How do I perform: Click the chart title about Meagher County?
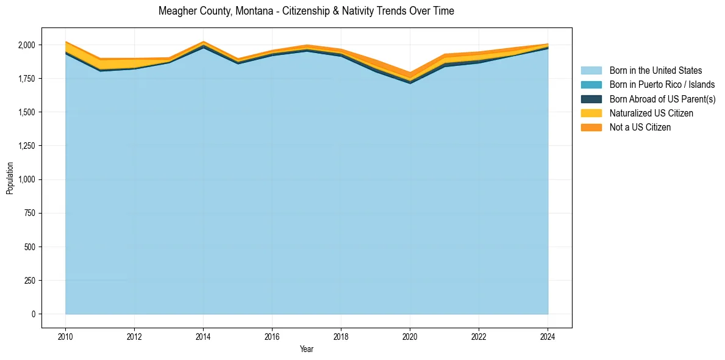pyautogui.click(x=306, y=11)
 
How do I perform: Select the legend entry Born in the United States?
pyautogui.click(x=655, y=71)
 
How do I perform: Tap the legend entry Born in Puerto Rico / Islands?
pyautogui.click(x=662, y=85)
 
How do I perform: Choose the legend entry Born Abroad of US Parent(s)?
pyautogui.click(x=662, y=99)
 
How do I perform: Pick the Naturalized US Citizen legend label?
pyautogui.click(x=651, y=113)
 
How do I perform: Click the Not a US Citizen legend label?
pyautogui.click(x=640, y=127)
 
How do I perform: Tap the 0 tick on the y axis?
pyautogui.click(x=34, y=314)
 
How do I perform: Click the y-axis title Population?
pyautogui.click(x=10, y=178)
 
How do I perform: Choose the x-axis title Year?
pyautogui.click(x=307, y=349)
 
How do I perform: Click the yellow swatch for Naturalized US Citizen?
pyautogui.click(x=591, y=113)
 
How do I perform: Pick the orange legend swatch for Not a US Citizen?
pyautogui.click(x=591, y=127)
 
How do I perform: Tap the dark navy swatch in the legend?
pyautogui.click(x=591, y=99)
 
